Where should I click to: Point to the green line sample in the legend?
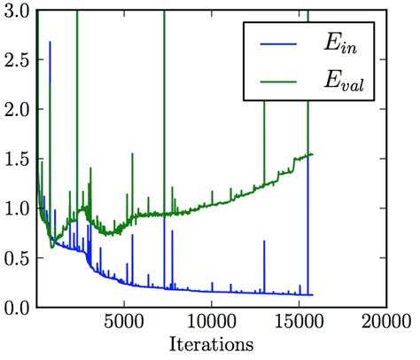click(276, 83)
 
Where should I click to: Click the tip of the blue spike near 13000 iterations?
click(264, 240)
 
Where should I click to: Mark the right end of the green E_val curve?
click(313, 154)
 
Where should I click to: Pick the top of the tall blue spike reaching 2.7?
click(50, 41)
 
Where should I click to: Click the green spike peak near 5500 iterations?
click(133, 154)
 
